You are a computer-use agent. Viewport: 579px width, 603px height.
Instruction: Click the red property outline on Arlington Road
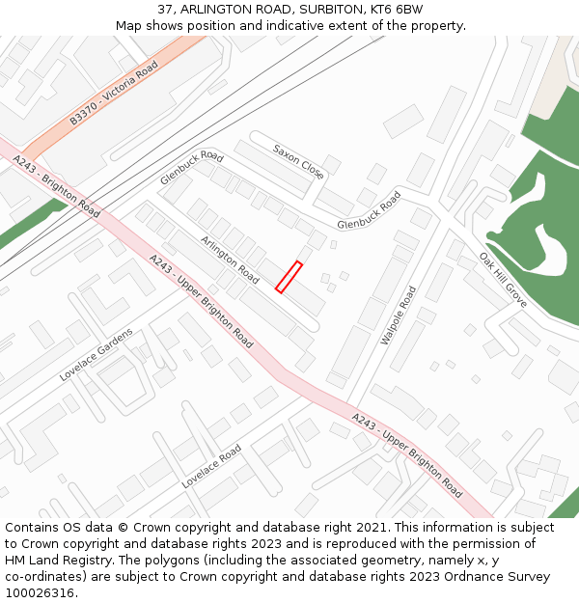pyautogui.click(x=289, y=277)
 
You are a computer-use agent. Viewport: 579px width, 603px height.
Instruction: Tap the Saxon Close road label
pyautogui.click(x=299, y=162)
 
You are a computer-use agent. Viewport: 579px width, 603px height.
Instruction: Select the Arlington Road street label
pyautogui.click(x=230, y=260)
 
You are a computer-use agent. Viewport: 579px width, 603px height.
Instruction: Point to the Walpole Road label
pyautogui.click(x=399, y=315)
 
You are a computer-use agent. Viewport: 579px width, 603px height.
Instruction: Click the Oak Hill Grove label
pyautogui.click(x=503, y=280)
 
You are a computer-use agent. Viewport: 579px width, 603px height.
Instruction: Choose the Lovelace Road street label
pyautogui.click(x=211, y=467)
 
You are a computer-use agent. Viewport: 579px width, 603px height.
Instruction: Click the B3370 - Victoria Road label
pyautogui.click(x=113, y=93)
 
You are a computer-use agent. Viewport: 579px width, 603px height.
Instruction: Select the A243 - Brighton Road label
pyautogui.click(x=56, y=187)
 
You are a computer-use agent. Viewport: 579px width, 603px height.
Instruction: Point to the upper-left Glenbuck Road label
pyautogui.click(x=192, y=168)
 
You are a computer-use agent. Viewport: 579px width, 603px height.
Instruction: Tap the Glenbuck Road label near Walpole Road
pyautogui.click(x=369, y=210)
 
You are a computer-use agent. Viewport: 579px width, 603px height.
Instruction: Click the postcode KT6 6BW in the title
pyautogui.click(x=397, y=10)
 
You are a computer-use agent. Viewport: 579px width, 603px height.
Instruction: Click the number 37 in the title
pyautogui.click(x=165, y=10)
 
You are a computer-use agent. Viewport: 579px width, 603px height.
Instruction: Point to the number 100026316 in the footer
pyautogui.click(x=40, y=593)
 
